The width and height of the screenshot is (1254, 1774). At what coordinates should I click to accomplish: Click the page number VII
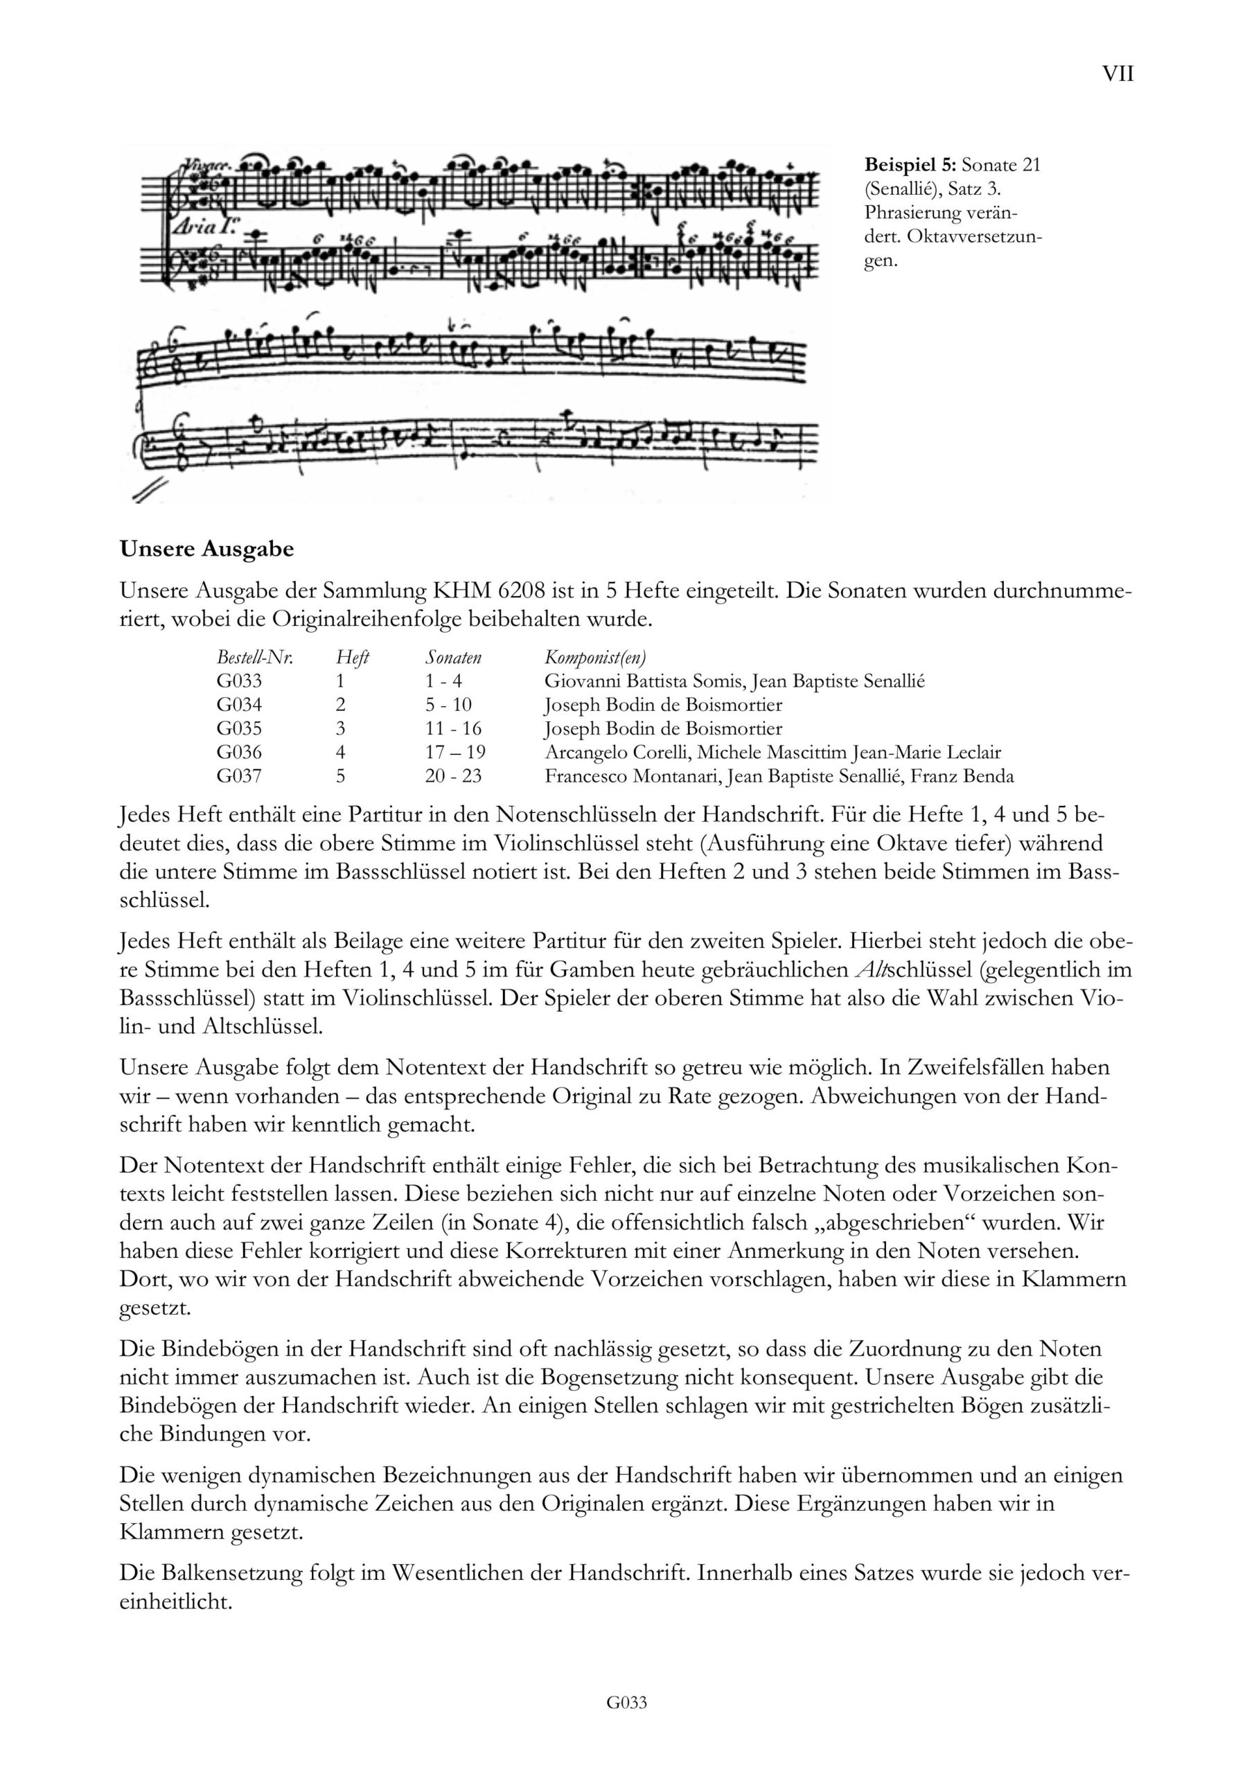[1118, 74]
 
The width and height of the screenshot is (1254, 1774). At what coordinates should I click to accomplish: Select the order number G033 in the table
[240, 680]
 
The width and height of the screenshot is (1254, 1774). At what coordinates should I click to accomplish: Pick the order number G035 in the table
[240, 728]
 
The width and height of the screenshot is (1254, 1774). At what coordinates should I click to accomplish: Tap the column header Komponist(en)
[595, 658]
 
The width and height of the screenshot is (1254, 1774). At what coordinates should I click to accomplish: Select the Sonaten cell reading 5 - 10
[448, 705]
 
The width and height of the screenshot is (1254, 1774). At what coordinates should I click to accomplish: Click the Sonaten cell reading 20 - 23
[453, 775]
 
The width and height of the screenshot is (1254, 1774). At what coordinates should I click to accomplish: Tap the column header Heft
[353, 658]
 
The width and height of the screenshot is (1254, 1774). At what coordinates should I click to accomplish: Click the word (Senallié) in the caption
[901, 188]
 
